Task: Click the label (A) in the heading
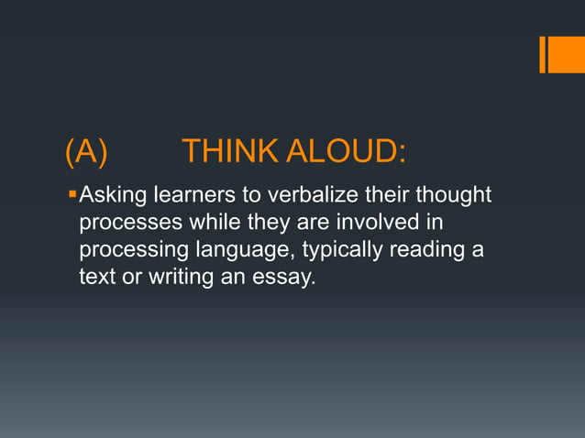tap(86, 152)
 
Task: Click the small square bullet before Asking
tap(72, 194)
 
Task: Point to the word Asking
tap(112, 195)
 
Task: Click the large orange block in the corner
tap(567, 54)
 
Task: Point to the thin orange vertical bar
tap(542, 54)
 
